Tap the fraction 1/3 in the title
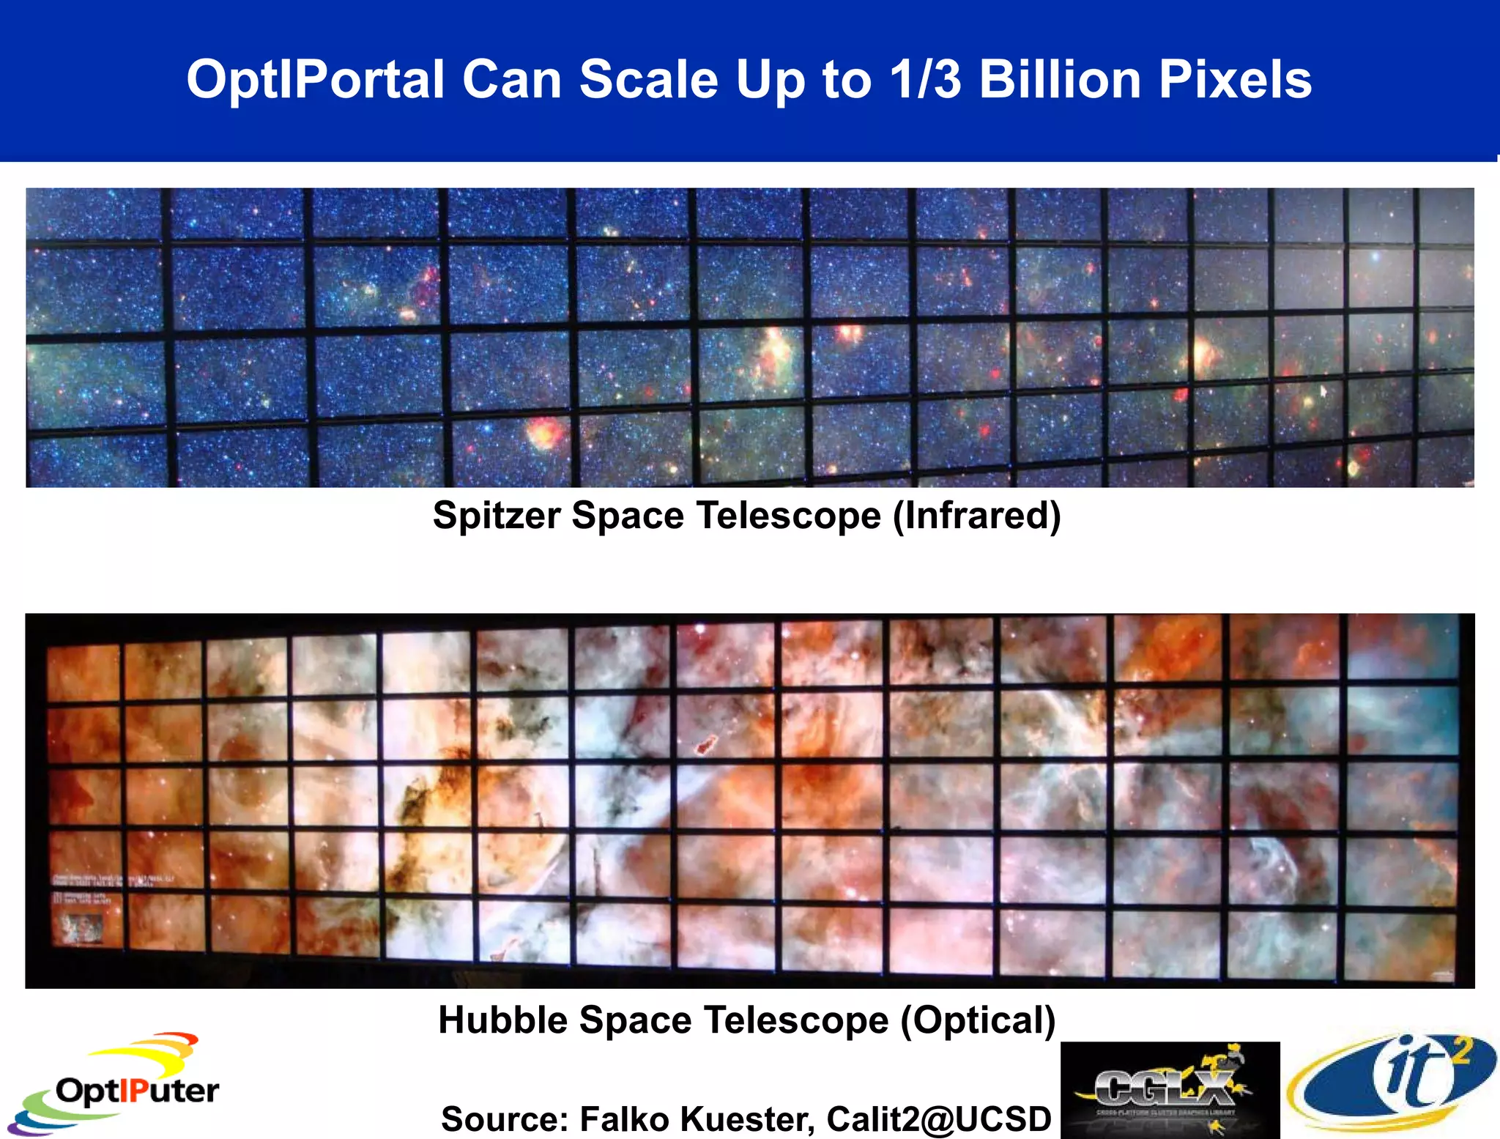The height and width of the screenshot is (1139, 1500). [x=924, y=79]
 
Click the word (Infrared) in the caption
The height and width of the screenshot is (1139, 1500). [x=976, y=516]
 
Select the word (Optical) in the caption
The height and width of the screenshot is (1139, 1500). [x=978, y=1020]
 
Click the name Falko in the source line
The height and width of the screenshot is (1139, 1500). [x=625, y=1119]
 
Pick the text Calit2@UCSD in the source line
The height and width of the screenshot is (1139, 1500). [x=939, y=1119]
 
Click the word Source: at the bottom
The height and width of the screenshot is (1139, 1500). [x=505, y=1119]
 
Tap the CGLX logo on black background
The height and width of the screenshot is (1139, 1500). [x=1170, y=1090]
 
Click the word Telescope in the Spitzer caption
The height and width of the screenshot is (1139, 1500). [x=789, y=516]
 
